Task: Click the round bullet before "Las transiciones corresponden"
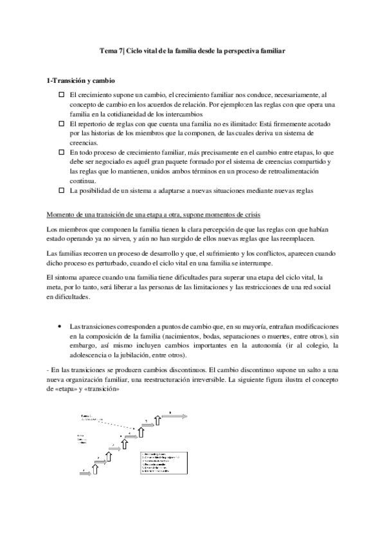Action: [60, 327]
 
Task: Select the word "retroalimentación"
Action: [272, 172]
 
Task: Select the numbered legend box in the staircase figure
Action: [163, 462]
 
